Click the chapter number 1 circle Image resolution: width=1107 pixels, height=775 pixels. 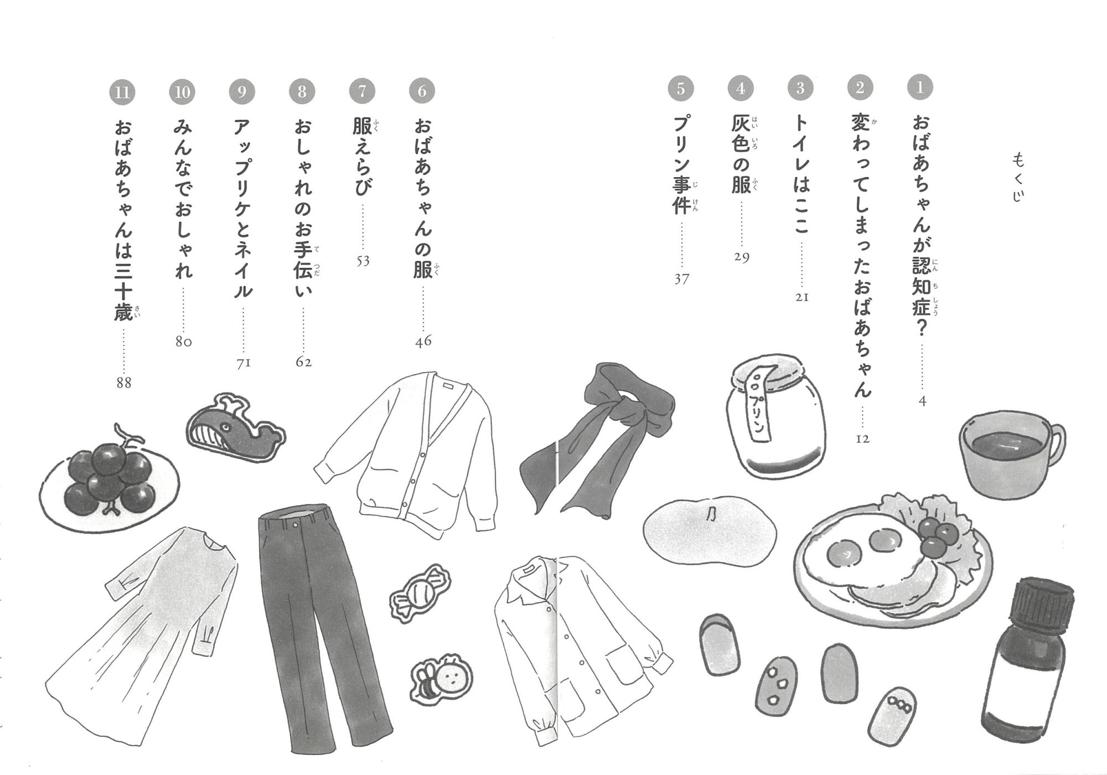pyautogui.click(x=920, y=87)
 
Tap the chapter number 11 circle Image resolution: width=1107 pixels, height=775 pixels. pyautogui.click(x=122, y=92)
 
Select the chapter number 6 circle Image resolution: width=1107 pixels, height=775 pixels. pyautogui.click(x=422, y=90)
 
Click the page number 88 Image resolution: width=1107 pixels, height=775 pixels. pyautogui.click(x=123, y=383)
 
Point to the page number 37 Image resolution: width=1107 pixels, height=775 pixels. pyautogui.click(x=681, y=279)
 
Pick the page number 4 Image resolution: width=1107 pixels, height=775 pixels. pyautogui.click(x=922, y=401)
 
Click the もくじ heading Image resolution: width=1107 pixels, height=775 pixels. pyautogui.click(x=1018, y=177)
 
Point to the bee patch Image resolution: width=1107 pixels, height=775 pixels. pyautogui.click(x=441, y=682)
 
